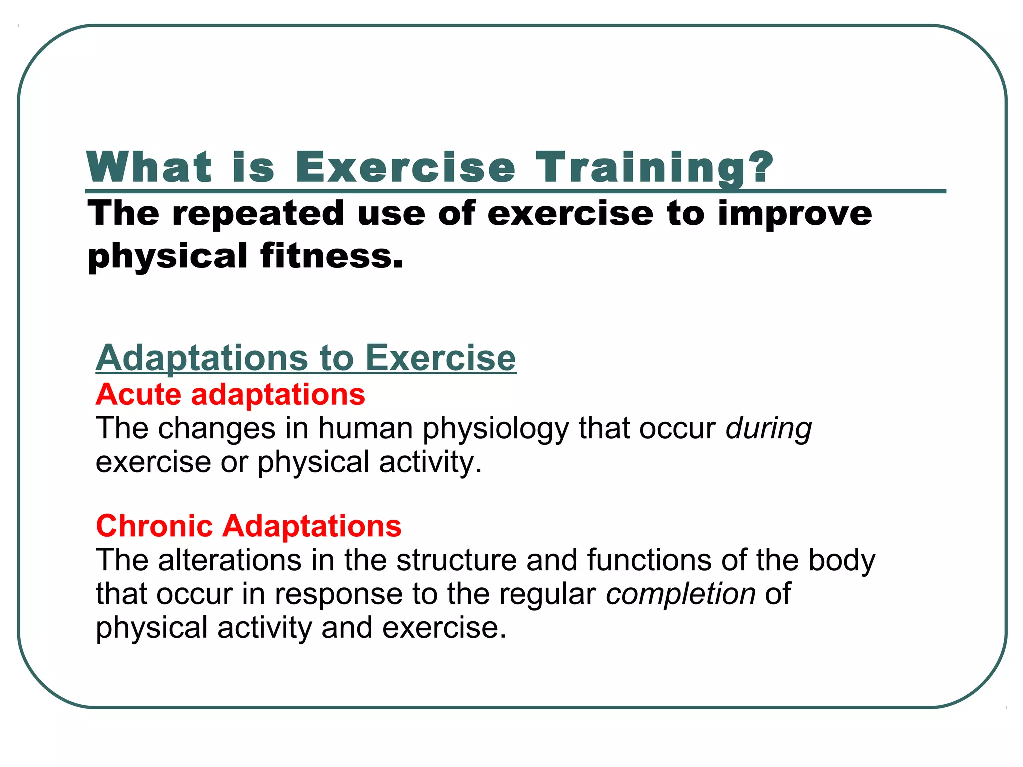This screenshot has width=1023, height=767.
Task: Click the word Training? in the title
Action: [x=654, y=168]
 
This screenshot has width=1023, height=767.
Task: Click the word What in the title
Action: [x=149, y=168]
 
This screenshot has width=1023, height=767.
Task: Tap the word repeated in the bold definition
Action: [x=258, y=214]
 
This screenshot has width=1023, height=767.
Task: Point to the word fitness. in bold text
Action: [x=331, y=256]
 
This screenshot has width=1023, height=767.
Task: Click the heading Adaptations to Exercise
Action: [x=306, y=358]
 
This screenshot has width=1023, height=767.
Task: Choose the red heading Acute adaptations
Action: [x=230, y=394]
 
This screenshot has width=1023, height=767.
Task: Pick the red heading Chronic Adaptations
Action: [x=248, y=526]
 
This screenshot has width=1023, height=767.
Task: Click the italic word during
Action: [x=768, y=429]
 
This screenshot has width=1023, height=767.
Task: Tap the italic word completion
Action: [x=680, y=594]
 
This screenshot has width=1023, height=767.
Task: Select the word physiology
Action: [x=496, y=429]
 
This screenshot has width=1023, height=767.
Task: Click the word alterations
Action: [x=230, y=560]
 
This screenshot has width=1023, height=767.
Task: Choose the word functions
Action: [x=649, y=560]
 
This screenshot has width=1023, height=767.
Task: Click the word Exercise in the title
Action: [x=405, y=168]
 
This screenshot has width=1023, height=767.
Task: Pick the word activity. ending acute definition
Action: [x=430, y=462]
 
